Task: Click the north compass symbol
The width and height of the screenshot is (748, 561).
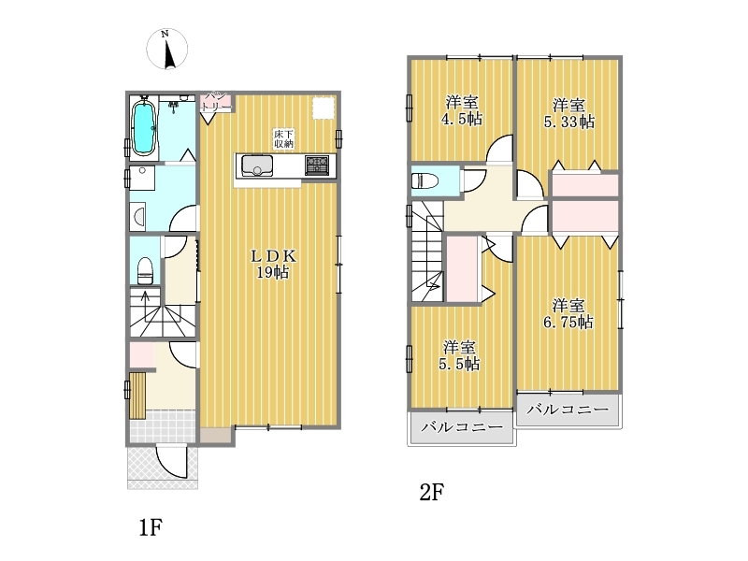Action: coord(167,50)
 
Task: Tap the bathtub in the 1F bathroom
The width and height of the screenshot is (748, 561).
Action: coord(144,128)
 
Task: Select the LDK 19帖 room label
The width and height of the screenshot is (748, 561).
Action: coord(273,264)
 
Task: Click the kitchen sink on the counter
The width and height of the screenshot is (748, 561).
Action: coord(257,166)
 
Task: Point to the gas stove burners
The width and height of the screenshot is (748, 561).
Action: coord(317,165)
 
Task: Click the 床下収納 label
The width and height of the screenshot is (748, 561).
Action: coord(283,138)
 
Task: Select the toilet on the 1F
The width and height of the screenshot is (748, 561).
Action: coord(145,270)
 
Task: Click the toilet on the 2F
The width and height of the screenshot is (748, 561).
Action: coord(425,180)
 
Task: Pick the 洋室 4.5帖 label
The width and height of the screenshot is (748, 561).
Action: coord(461,110)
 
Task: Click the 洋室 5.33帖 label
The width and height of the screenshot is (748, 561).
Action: coord(569,113)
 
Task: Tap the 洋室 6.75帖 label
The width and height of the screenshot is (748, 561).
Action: coord(568,314)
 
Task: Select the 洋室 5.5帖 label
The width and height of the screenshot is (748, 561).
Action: coord(459,355)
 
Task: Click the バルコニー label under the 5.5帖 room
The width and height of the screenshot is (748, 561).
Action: coord(462,426)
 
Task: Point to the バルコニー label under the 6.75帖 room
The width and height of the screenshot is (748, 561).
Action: coord(568,409)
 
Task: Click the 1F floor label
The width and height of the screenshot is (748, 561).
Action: coord(151,527)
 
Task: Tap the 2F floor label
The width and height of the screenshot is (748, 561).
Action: coord(432,492)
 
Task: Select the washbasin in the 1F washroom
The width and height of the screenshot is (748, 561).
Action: coord(138,216)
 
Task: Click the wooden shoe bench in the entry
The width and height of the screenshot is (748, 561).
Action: coord(137,396)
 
